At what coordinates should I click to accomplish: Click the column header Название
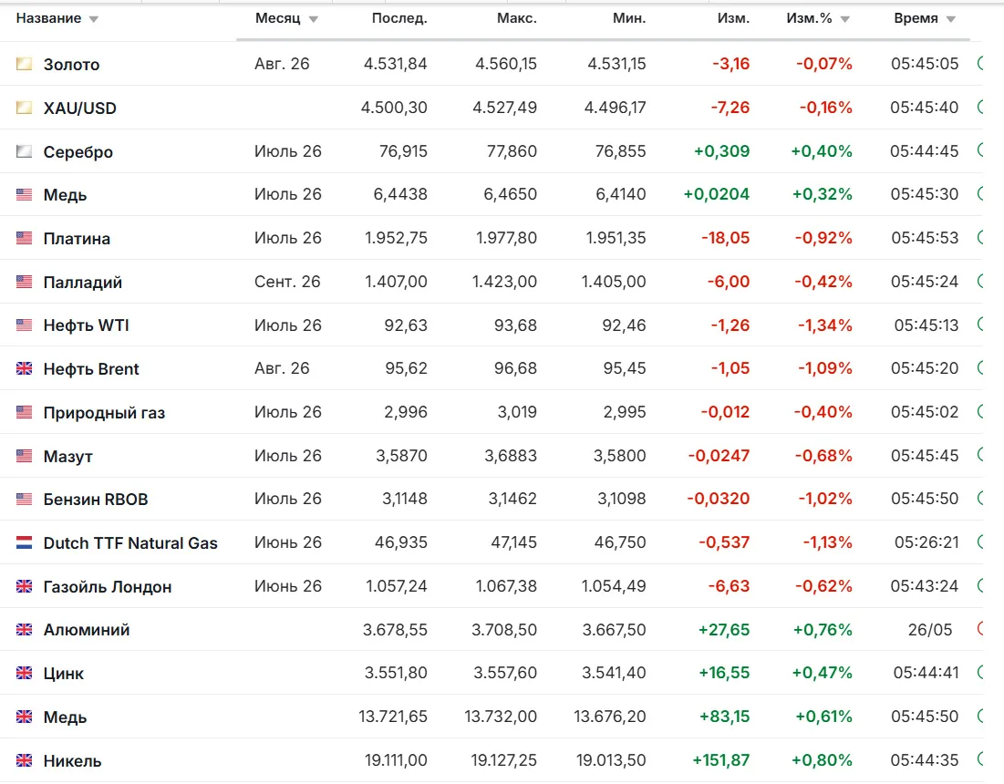click(x=48, y=18)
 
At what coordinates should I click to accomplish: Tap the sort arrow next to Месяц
click(x=313, y=20)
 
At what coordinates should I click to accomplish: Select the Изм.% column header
click(x=810, y=18)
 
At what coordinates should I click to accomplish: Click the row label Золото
click(x=71, y=65)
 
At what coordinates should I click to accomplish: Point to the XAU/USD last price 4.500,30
click(x=394, y=108)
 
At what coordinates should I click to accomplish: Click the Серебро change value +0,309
click(x=721, y=151)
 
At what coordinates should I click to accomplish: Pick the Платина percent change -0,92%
click(x=823, y=238)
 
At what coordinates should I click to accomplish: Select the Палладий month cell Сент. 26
click(x=287, y=282)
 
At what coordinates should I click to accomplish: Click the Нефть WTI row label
click(x=87, y=325)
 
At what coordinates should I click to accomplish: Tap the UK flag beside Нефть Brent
click(x=25, y=368)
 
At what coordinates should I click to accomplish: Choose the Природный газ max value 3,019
click(x=517, y=412)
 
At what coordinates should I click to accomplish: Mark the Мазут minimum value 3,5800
click(x=620, y=456)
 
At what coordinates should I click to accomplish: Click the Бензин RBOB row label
click(x=96, y=500)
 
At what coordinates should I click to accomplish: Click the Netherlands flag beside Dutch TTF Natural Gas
click(x=25, y=542)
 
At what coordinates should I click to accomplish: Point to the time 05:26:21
click(x=926, y=542)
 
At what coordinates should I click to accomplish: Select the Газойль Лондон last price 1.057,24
click(x=397, y=586)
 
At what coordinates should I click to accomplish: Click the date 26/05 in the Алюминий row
click(x=930, y=630)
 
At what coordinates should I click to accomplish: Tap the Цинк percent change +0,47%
click(x=823, y=674)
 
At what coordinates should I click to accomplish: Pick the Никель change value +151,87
click(x=721, y=760)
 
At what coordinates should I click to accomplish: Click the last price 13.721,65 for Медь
click(x=393, y=717)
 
